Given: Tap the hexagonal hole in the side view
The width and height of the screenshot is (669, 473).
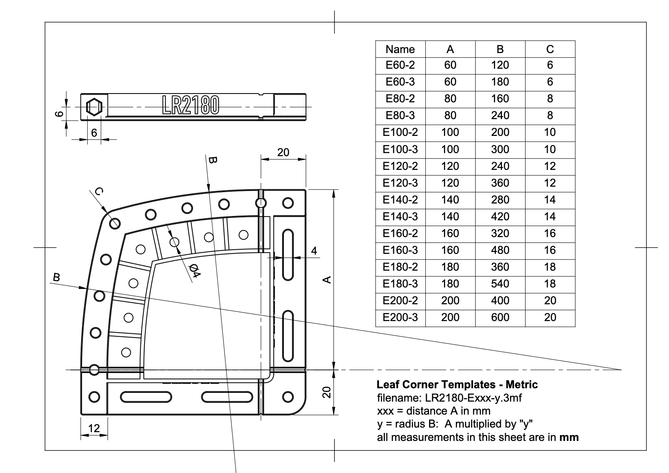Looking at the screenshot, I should (x=94, y=107).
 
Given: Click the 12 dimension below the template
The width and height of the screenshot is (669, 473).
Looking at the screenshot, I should (x=94, y=428).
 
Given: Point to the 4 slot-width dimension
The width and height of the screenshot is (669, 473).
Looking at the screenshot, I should (x=314, y=251).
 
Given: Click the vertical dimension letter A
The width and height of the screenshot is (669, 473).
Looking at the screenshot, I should (x=327, y=280).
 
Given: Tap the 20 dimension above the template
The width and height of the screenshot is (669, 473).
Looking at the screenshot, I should (x=283, y=152).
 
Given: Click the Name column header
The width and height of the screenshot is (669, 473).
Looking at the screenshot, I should (x=400, y=49).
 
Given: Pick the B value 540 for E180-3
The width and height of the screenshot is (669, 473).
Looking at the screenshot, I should (x=500, y=284).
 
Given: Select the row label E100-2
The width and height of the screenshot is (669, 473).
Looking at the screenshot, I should (x=400, y=132).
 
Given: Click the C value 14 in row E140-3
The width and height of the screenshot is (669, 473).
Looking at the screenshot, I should (x=550, y=216).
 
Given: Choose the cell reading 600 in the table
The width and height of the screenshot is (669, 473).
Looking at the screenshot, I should (x=500, y=317).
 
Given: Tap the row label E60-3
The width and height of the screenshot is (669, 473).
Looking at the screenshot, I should (x=400, y=82).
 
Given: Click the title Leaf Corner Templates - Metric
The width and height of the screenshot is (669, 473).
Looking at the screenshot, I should (x=457, y=384).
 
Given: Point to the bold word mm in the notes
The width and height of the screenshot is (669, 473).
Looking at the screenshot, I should (x=569, y=437).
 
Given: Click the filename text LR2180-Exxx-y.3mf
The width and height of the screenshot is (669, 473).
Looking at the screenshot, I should (x=473, y=398).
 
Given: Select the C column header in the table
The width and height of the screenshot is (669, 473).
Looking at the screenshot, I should (x=550, y=49).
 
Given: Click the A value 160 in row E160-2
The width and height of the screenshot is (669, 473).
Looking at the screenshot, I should (x=450, y=233).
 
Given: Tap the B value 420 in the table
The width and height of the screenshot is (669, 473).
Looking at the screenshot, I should (x=500, y=216).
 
